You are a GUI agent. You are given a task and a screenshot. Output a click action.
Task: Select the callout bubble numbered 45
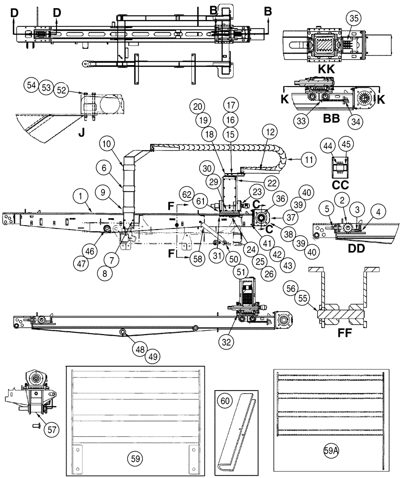(345, 143)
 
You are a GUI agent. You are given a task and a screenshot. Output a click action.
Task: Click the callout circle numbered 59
(135, 458)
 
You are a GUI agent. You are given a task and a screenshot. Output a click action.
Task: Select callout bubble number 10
(108, 143)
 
